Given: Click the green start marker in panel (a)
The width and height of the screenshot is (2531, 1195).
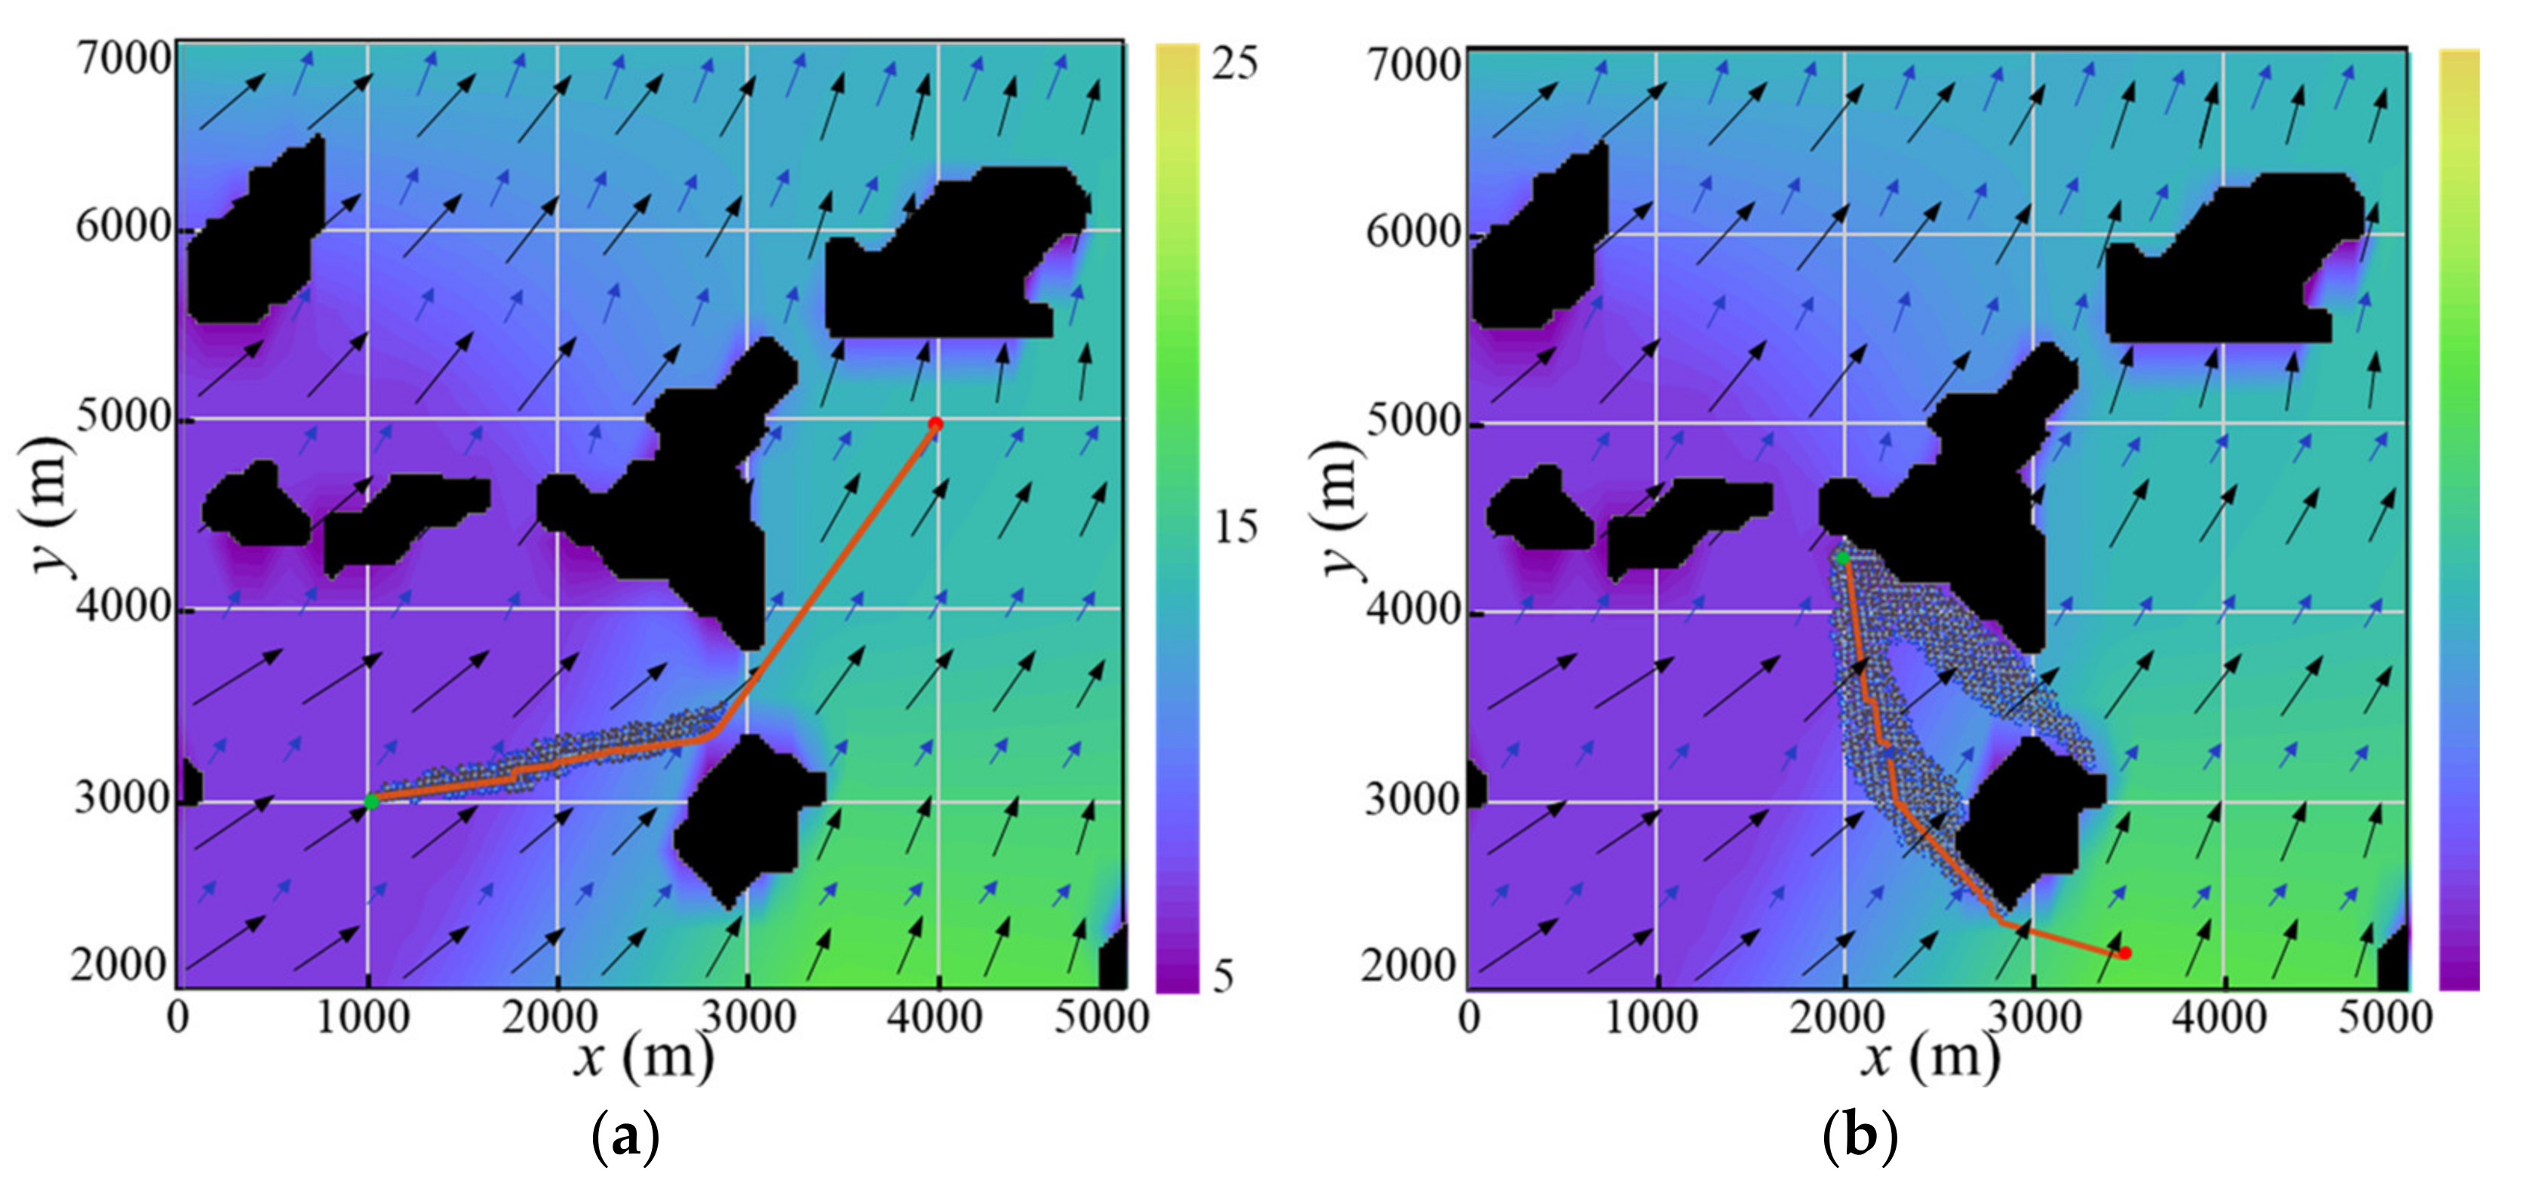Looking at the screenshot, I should tap(371, 802).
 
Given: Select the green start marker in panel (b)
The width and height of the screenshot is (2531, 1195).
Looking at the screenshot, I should tap(1843, 558).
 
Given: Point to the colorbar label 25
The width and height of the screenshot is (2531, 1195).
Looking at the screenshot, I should tap(1234, 64).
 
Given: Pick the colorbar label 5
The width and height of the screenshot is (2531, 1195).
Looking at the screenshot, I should tap(1222, 976).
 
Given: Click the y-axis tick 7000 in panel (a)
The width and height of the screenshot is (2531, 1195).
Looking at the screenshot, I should tap(124, 60).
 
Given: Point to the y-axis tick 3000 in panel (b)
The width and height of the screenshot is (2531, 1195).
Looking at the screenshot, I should tap(1413, 800).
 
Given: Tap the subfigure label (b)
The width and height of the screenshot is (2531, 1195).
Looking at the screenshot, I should tap(1859, 1138).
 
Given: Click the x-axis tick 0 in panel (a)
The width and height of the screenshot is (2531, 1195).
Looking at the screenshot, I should tap(178, 1016).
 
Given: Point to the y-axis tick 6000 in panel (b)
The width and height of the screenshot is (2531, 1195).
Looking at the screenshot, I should tap(1413, 233).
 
